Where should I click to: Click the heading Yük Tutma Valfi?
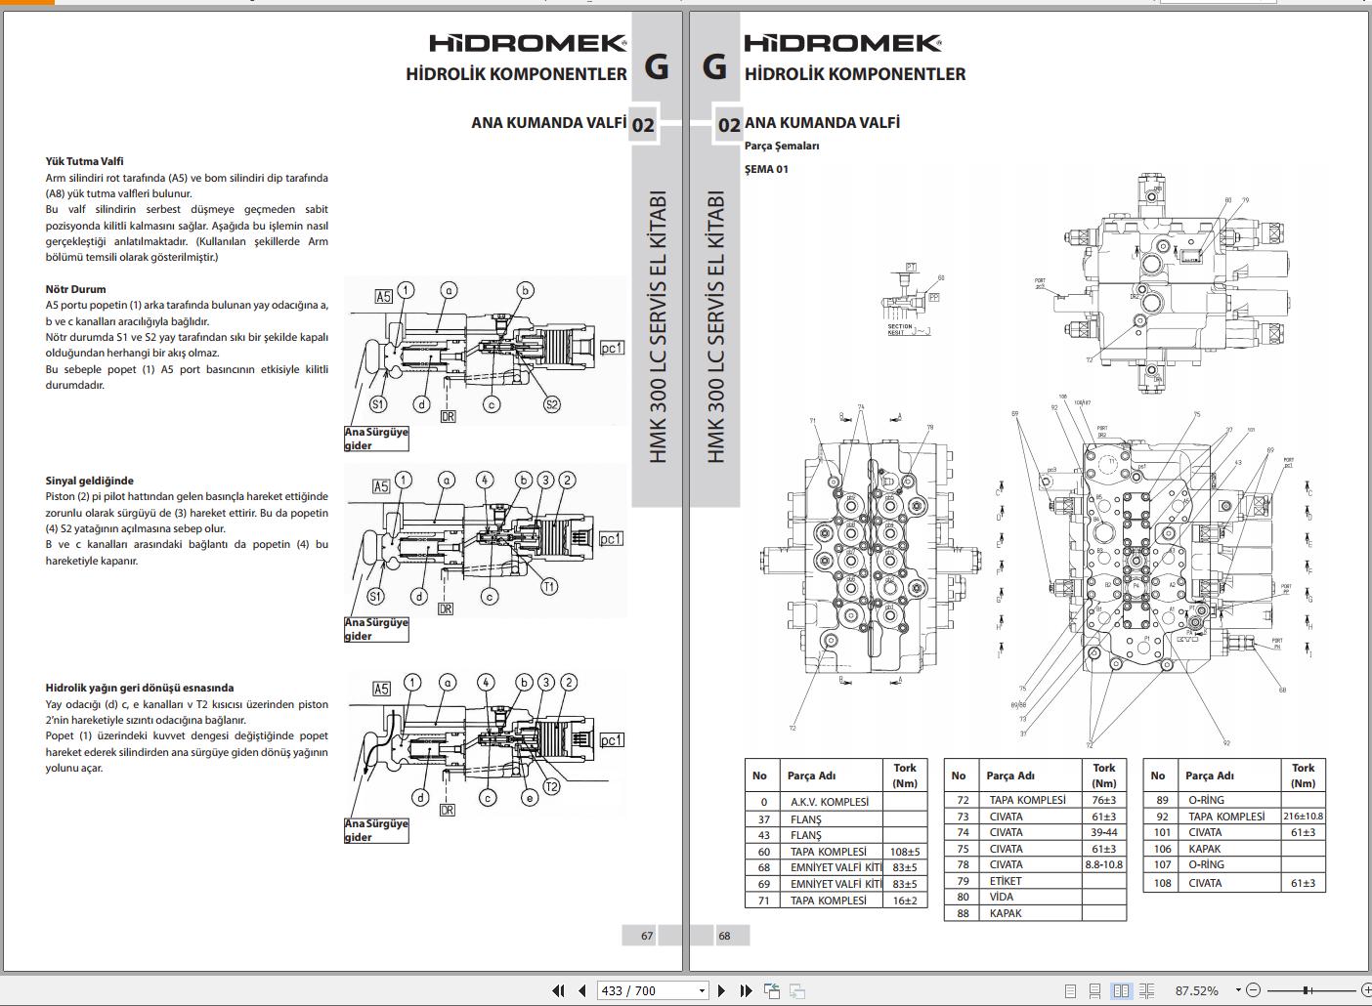pyautogui.click(x=84, y=161)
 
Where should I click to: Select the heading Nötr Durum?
pyautogui.click(x=75, y=289)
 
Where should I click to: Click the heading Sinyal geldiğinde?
pyautogui.click(x=89, y=481)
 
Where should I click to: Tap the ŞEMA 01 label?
pyautogui.click(x=766, y=169)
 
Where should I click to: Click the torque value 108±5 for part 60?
pyautogui.click(x=905, y=852)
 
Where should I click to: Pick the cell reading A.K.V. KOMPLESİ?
pyautogui.click(x=829, y=802)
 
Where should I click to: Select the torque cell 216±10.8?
pyautogui.click(x=1303, y=817)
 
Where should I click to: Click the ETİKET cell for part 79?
pyautogui.click(x=1006, y=881)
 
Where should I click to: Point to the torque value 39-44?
pyautogui.click(x=1103, y=832)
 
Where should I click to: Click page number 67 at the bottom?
pyautogui.click(x=647, y=936)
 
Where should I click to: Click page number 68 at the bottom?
pyautogui.click(x=724, y=936)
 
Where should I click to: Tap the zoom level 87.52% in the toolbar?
pyautogui.click(x=1196, y=990)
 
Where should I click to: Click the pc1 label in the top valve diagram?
pyautogui.click(x=612, y=348)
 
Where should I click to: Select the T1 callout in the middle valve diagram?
pyautogui.click(x=549, y=586)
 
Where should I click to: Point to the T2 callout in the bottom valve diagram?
pyautogui.click(x=551, y=787)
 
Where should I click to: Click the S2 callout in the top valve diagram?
pyautogui.click(x=551, y=404)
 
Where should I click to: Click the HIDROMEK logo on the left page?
pyautogui.click(x=528, y=43)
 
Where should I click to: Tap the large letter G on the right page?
pyautogui.click(x=714, y=66)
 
